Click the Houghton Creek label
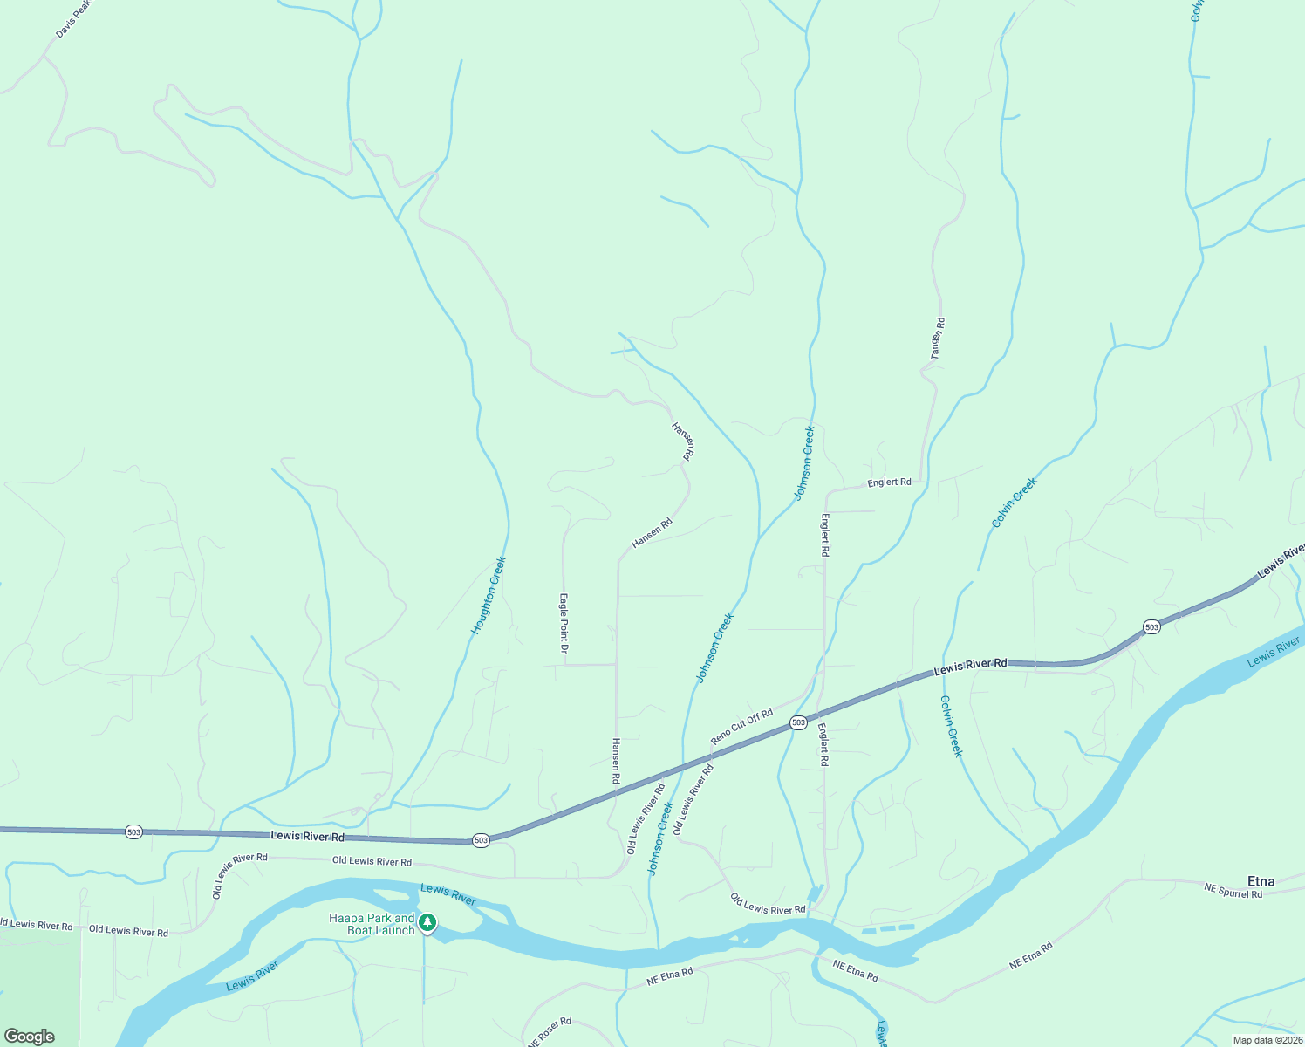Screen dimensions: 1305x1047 [489, 595]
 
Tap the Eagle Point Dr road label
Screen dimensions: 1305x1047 [564, 624]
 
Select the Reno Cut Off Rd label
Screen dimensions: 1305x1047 [741, 727]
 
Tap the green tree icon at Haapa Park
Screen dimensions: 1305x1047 [427, 922]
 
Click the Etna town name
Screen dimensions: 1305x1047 [1261, 881]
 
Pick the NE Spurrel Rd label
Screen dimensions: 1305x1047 [1233, 891]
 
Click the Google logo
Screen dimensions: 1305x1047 [30, 1037]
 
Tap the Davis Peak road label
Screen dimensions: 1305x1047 [73, 19]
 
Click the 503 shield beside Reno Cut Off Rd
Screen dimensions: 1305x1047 [797, 722]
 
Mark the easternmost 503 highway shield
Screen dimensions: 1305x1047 [1151, 626]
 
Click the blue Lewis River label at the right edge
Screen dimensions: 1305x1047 [1273, 652]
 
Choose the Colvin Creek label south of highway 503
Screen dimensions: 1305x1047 [951, 726]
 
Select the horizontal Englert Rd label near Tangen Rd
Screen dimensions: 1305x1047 [889, 482]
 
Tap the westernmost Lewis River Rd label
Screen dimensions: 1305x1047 [307, 836]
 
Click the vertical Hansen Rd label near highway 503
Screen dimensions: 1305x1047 [615, 760]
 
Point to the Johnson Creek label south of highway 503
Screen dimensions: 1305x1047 [660, 838]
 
